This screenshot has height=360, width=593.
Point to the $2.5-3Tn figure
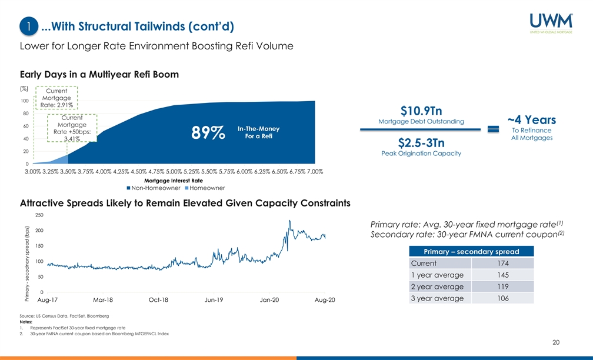tap(421, 143)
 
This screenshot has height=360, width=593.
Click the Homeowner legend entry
tap(205, 188)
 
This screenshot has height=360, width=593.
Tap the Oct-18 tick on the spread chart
tap(158, 300)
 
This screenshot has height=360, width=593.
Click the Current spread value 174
tap(503, 263)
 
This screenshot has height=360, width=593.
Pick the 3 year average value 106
tap(503, 298)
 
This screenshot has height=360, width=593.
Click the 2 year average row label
tap(437, 286)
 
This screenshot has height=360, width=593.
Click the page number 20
tap(556, 343)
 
